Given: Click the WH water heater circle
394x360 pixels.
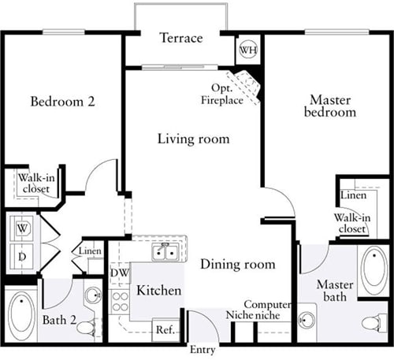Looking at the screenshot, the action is [x=248, y=50].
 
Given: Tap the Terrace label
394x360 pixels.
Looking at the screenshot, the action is [x=181, y=38].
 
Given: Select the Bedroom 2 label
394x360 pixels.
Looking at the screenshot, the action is [x=62, y=102].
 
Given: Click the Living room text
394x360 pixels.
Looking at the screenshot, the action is [x=193, y=139].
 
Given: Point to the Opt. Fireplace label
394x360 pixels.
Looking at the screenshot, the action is [x=222, y=94].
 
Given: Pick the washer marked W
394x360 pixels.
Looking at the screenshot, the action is [x=22, y=228].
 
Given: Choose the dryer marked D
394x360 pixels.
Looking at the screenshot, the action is [x=22, y=256].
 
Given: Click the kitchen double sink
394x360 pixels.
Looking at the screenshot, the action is [x=165, y=252].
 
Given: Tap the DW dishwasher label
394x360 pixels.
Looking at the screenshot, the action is [x=120, y=273].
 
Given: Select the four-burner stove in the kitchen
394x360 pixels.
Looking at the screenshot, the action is [x=120, y=302].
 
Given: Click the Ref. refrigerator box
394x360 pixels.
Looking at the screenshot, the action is [x=166, y=330].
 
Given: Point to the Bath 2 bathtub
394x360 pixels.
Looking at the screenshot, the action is [x=21, y=314].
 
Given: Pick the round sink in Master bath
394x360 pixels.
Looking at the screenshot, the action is [x=307, y=320].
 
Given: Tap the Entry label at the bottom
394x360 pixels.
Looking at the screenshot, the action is [x=203, y=350].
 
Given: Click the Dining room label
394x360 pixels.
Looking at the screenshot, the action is [x=238, y=264].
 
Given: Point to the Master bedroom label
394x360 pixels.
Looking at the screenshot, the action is [x=330, y=106].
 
